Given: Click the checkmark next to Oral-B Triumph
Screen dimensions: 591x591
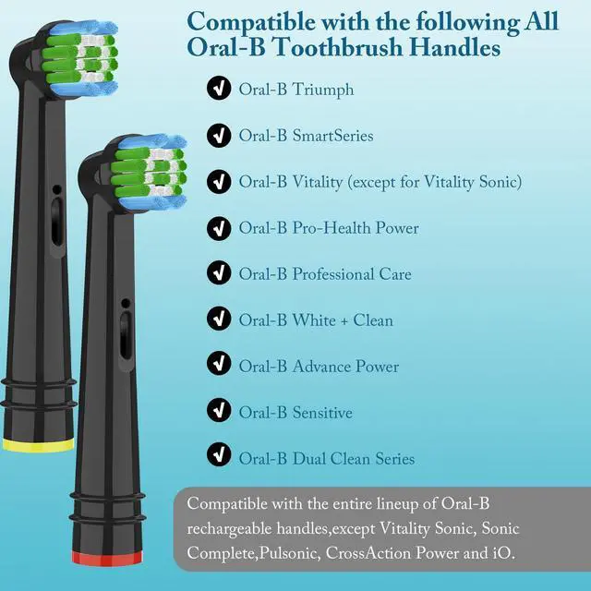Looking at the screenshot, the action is click(219, 89).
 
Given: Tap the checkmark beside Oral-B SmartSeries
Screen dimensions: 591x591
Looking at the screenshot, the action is click(219, 135).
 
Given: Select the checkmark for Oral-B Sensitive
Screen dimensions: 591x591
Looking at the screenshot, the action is click(219, 410).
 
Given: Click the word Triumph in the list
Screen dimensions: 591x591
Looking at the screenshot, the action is click(323, 90).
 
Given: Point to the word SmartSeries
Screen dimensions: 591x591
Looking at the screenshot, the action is click(332, 136).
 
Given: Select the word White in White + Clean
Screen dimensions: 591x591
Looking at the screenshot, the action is click(314, 320).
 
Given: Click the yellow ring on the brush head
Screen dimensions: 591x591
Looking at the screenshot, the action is click(38, 445).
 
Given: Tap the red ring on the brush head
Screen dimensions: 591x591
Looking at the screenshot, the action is click(107, 558).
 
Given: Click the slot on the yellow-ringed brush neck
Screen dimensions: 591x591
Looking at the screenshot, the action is click(56, 222).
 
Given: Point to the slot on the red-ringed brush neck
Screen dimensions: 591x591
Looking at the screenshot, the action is click(126, 335).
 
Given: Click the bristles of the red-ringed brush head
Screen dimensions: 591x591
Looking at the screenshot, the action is click(151, 173).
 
